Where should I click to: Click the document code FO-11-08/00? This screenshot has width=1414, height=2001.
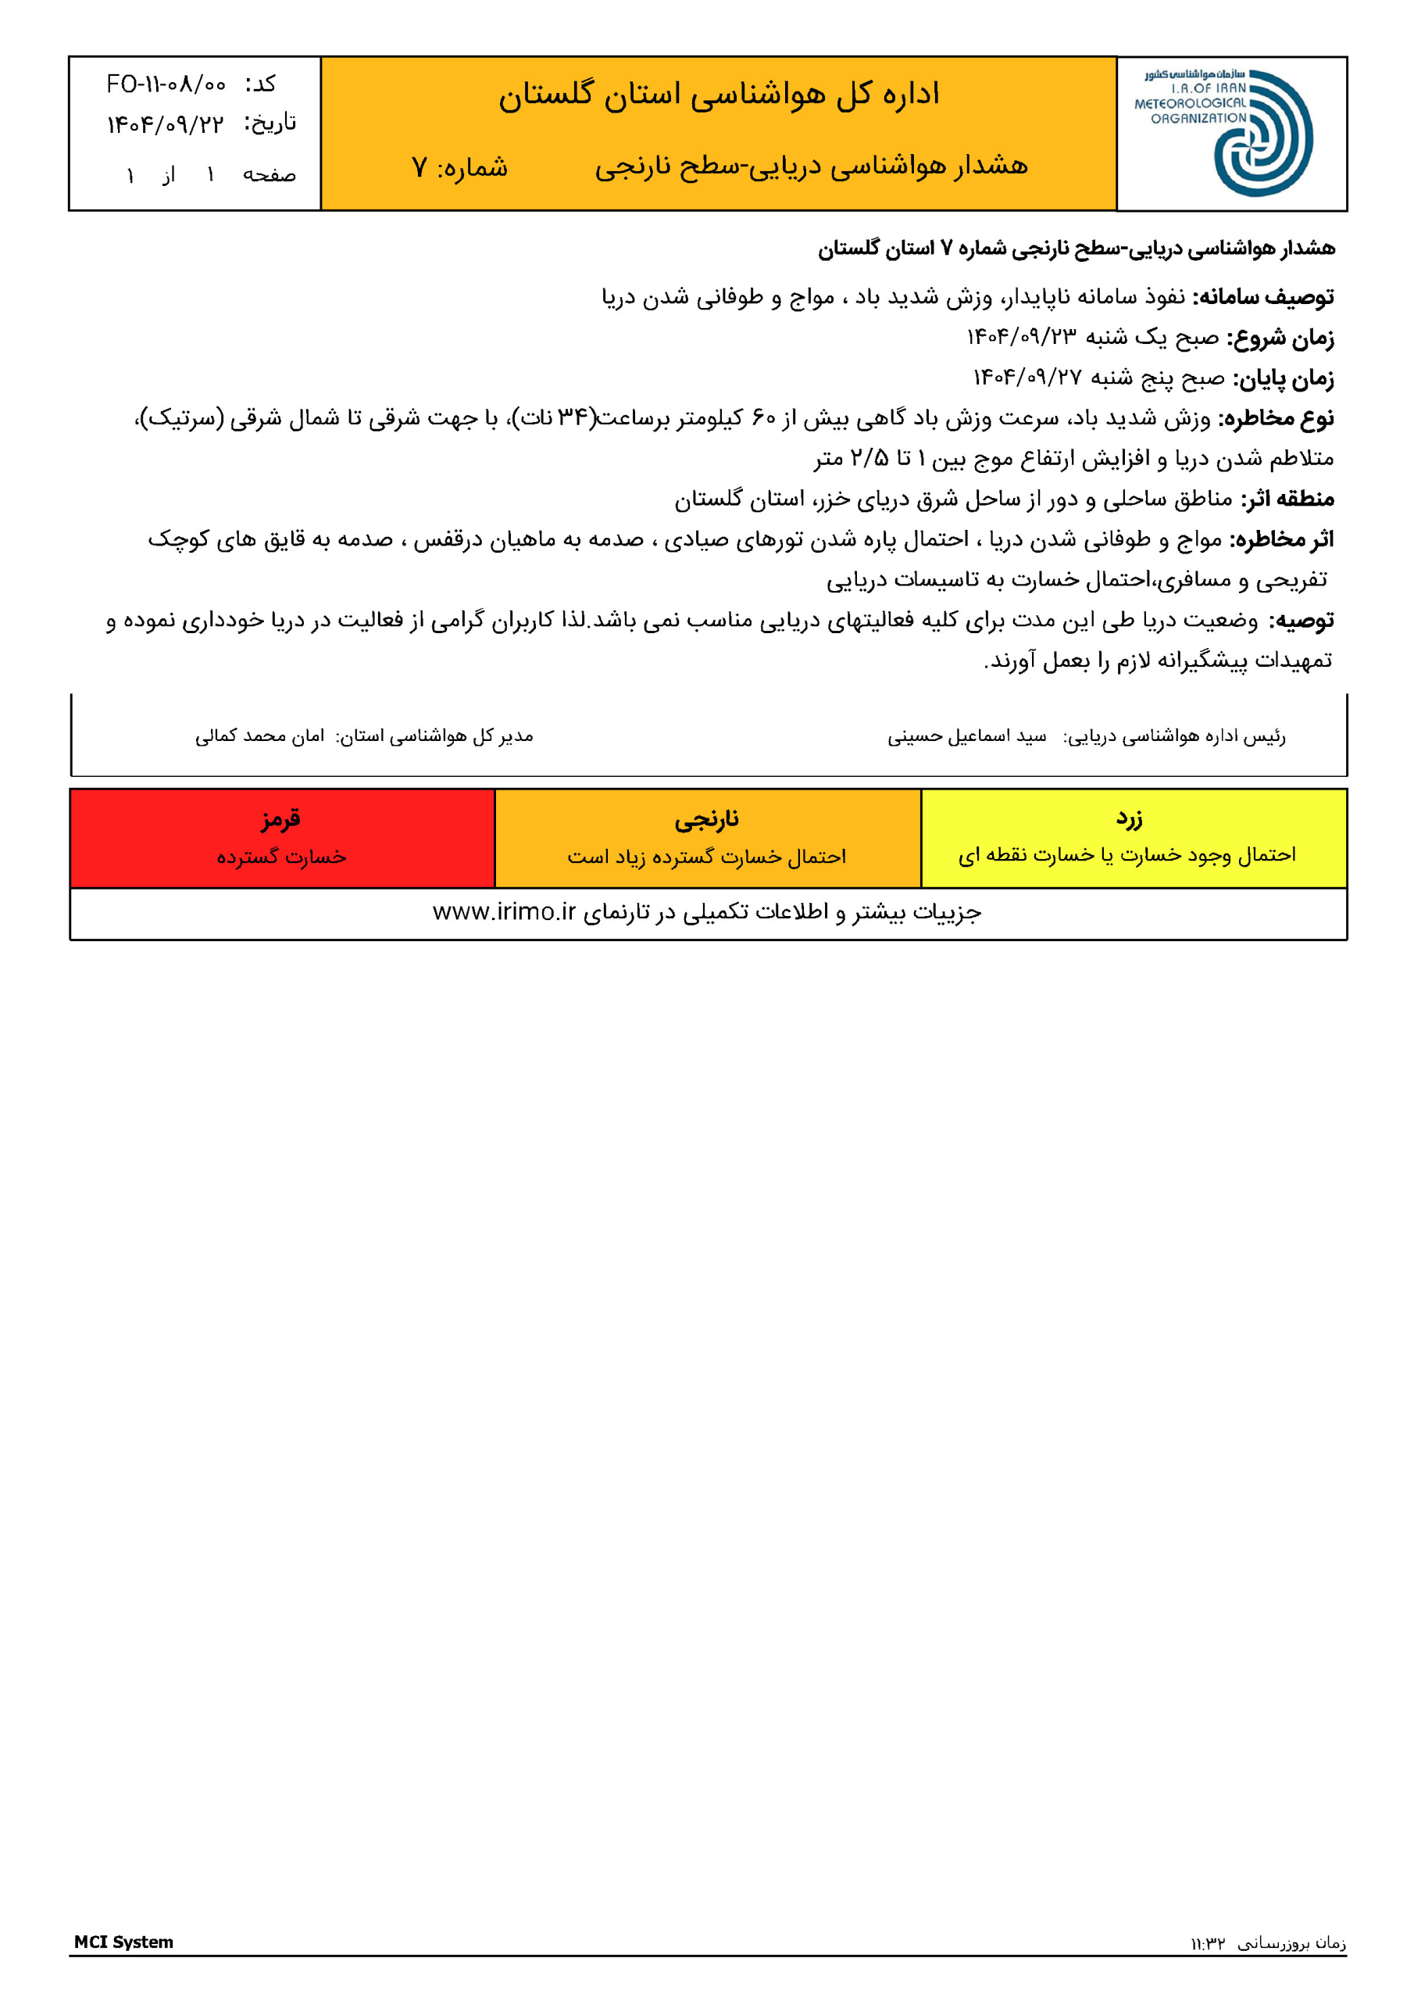pyautogui.click(x=166, y=84)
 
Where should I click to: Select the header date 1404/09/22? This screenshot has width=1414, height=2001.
pyautogui.click(x=165, y=123)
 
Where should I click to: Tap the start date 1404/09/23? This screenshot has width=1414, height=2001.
pyautogui.click(x=1021, y=337)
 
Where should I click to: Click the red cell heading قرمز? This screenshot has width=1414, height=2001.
pyautogui.click(x=280, y=818)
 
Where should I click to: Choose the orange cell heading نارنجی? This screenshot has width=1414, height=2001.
pyautogui.click(x=706, y=818)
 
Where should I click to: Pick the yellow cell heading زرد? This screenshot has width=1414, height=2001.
pyautogui.click(x=1129, y=818)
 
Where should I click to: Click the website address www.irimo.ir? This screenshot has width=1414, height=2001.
pyautogui.click(x=505, y=911)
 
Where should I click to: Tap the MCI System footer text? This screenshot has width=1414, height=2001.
pyautogui.click(x=123, y=1942)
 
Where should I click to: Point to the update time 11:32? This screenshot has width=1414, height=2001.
pyautogui.click(x=1209, y=1943)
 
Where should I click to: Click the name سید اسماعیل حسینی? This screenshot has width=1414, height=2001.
pyautogui.click(x=966, y=736)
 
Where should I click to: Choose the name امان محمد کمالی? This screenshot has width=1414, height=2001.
pyautogui.click(x=259, y=736)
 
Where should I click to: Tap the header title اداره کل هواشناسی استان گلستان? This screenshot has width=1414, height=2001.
pyautogui.click(x=719, y=94)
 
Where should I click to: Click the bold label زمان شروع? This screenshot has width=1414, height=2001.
pyautogui.click(x=1280, y=337)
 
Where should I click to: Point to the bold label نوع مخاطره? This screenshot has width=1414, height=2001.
pyautogui.click(x=1277, y=418)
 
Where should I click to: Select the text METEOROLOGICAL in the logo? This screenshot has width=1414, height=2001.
pyautogui.click(x=1189, y=103)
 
